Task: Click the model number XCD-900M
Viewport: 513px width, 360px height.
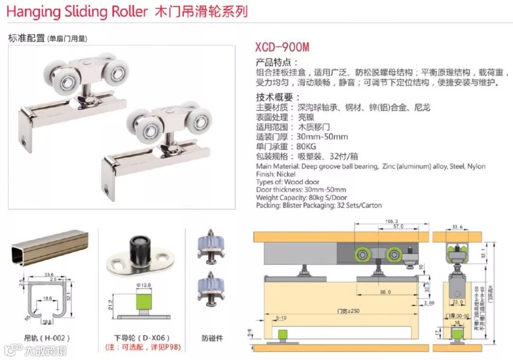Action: [282, 47]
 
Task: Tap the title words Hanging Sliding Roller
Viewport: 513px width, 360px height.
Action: [77, 12]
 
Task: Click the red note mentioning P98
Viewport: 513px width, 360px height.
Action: [142, 348]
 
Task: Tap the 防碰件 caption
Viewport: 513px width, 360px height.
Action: [212, 338]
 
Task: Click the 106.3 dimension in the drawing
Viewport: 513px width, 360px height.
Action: [392, 221]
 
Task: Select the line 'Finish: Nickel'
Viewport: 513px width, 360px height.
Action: [275, 174]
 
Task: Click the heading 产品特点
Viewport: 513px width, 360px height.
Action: [277, 62]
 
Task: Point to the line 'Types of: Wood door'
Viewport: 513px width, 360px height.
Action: [288, 182]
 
